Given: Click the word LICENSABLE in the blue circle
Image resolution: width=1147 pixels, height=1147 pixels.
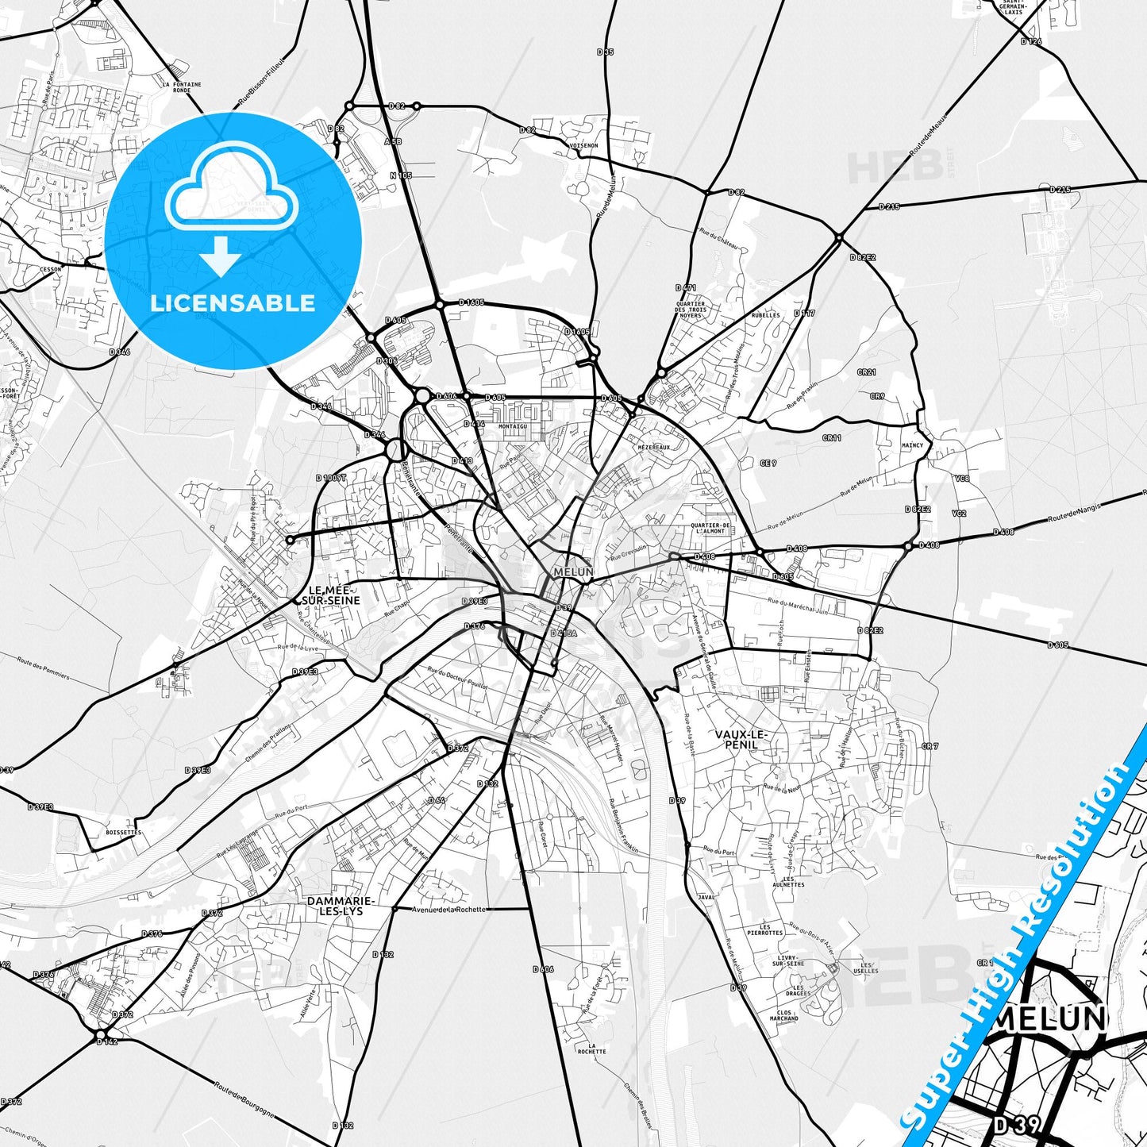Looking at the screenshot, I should click(233, 303).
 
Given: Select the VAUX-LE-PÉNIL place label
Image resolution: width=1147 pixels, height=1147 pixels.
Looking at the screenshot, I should click(741, 739).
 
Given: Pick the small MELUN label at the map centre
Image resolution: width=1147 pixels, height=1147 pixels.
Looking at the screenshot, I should click(573, 572).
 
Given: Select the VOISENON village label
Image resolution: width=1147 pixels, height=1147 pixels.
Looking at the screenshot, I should click(583, 146).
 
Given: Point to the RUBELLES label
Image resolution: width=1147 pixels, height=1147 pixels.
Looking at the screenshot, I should click(765, 315).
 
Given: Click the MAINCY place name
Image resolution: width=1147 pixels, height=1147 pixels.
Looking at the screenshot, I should click(912, 445).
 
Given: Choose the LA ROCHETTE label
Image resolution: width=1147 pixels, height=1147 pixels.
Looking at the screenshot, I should click(591, 1049).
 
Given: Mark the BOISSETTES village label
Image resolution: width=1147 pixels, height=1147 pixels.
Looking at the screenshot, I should click(123, 833).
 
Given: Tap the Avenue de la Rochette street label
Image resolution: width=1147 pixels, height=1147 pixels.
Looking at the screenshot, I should click(448, 910).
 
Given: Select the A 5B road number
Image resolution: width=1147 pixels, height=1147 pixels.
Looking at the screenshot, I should click(393, 141).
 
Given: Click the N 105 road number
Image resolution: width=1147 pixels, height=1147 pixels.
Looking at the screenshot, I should click(401, 175).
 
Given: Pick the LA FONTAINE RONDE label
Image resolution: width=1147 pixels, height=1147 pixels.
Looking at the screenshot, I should click(182, 87).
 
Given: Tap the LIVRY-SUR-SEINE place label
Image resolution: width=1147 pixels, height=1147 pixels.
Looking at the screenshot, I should click(788, 960).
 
